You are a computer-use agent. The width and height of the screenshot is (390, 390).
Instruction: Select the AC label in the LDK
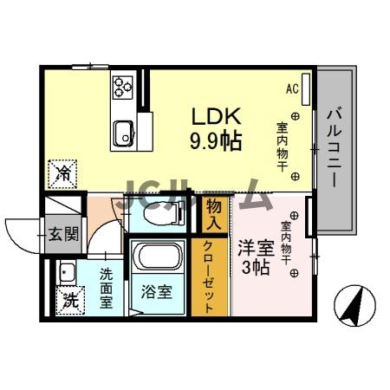[292, 88]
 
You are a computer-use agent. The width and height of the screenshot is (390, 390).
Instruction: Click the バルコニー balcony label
[333, 147]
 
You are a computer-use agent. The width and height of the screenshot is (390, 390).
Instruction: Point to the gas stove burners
[122, 86]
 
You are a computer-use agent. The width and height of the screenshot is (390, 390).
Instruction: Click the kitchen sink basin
[121, 133]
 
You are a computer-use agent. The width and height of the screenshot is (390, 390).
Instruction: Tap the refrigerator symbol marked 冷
[63, 173]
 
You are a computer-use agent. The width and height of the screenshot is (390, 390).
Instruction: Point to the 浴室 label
[157, 291]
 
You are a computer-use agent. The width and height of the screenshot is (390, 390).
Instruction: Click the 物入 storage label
[214, 211]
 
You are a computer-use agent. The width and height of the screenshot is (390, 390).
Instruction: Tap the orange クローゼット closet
[210, 276]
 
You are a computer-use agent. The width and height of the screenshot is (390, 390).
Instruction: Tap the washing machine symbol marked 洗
[68, 302]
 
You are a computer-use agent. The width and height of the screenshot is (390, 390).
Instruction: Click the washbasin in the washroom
[66, 272]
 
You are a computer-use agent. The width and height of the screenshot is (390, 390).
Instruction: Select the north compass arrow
[356, 306]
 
